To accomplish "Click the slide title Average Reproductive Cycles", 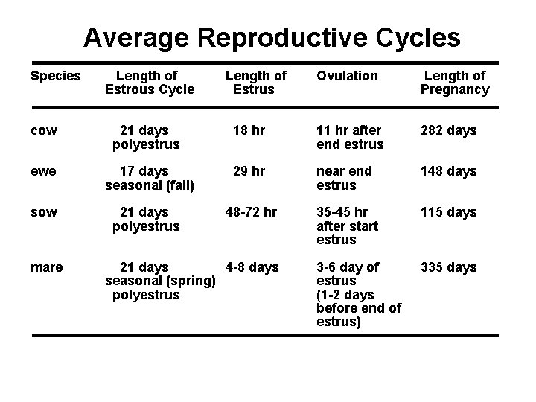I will (x=272, y=37).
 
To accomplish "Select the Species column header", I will (x=55, y=76).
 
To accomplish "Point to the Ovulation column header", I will (x=347, y=76).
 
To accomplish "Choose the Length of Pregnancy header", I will (x=454, y=83).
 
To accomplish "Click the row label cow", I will (x=44, y=131).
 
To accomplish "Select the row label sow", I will (x=44, y=213).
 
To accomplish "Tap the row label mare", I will (x=47, y=267).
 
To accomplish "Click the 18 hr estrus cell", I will (x=248, y=130).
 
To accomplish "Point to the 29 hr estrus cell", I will (x=248, y=171).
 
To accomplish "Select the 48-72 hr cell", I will (x=251, y=212).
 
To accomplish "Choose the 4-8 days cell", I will (x=252, y=267).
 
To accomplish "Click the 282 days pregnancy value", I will (x=448, y=130).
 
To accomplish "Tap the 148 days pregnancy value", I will (x=448, y=171).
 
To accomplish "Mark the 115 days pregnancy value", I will (x=448, y=212).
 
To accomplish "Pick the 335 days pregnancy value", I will (x=448, y=267).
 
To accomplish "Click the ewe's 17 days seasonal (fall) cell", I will (x=149, y=179).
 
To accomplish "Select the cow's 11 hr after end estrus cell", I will (x=350, y=138).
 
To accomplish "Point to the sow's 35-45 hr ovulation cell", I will (x=348, y=226).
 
